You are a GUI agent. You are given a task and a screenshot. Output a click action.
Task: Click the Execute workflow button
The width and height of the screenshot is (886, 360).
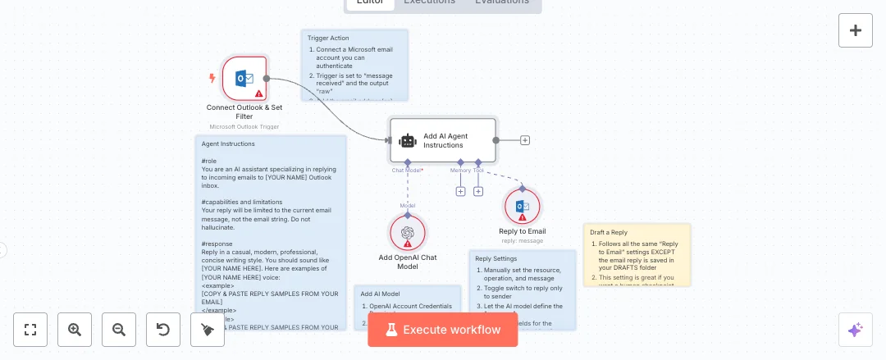443,330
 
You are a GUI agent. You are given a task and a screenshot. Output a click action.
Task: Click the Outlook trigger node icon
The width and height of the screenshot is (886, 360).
244,79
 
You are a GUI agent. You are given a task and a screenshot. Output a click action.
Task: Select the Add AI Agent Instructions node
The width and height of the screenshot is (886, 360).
443,140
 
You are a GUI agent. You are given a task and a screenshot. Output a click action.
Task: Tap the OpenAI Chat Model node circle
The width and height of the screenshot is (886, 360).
408,232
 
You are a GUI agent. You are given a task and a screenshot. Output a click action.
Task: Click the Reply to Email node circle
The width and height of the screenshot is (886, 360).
522,207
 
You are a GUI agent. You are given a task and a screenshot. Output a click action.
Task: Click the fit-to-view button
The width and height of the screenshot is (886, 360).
30,330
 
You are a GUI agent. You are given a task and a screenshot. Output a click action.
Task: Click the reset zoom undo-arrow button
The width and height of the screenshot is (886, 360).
163,330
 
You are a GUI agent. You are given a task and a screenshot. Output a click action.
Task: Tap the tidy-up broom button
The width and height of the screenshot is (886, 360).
208,330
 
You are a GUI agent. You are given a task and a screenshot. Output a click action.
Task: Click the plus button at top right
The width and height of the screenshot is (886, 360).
855,30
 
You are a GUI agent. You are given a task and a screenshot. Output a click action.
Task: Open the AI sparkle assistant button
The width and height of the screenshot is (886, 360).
855,330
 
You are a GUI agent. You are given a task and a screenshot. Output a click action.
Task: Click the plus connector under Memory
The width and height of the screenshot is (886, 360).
460,191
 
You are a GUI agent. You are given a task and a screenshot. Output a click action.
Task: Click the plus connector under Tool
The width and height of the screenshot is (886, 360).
478,191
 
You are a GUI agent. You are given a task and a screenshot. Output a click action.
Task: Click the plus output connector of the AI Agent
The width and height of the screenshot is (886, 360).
525,140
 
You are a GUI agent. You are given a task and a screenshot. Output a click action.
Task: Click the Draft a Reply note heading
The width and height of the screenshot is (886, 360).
609,232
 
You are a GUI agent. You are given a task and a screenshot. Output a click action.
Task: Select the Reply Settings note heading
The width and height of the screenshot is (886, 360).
496,258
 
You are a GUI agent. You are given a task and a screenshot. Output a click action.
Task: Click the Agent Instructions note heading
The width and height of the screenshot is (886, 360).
228,144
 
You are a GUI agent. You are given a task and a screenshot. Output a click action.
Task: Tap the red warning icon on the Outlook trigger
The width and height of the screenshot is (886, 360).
259,93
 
